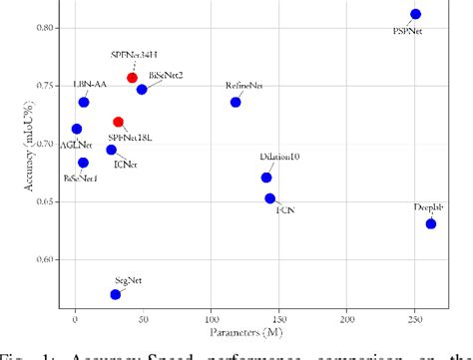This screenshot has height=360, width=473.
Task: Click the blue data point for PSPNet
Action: click(415, 14)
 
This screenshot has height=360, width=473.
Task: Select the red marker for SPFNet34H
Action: click(132, 77)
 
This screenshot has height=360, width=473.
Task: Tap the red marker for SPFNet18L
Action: click(119, 122)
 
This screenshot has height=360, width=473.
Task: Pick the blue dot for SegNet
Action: click(116, 294)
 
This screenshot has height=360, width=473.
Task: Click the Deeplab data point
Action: click(431, 223)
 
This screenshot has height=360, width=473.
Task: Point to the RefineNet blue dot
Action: click(236, 102)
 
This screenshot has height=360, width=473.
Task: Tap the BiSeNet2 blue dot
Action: click(142, 90)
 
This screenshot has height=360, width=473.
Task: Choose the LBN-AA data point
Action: click(84, 102)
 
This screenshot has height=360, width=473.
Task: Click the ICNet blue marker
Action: click(111, 150)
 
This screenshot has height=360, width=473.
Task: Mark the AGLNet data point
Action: click(77, 129)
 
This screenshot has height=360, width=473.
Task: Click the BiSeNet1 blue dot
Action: click(83, 162)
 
